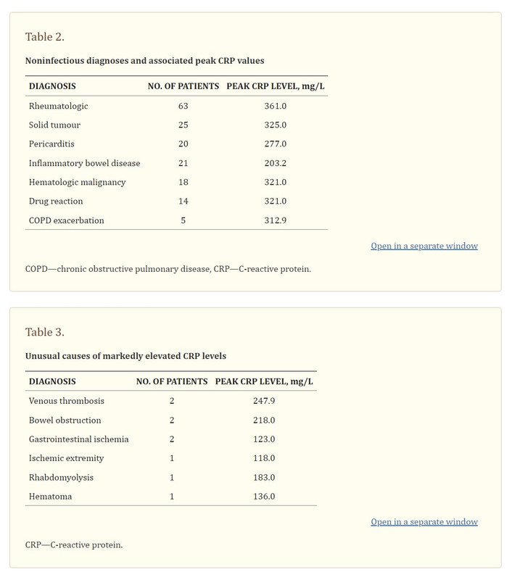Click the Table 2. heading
[45, 37]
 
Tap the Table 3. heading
[45, 332]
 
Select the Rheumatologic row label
[59, 106]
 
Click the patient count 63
[183, 106]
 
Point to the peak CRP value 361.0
[276, 106]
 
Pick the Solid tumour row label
[54, 125]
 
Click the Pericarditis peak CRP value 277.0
[276, 144]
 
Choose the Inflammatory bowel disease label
[84, 163]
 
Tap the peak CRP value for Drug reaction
[276, 202]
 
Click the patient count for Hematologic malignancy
[183, 182]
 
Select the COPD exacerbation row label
[66, 220]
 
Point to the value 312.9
[276, 220]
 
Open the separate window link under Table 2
[424, 246]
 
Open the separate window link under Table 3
[424, 522]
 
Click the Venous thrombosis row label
[67, 401]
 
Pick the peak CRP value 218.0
[264, 420]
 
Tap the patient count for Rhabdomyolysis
[172, 478]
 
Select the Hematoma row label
[50, 497]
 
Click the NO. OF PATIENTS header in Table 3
[172, 381]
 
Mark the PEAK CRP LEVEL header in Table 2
[276, 86]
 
